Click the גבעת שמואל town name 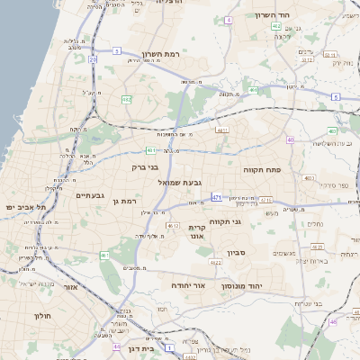tap(177, 182)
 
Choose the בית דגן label tap(140, 346)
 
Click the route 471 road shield tap(217, 196)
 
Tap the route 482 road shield tap(127, 99)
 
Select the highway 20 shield tap(93, 60)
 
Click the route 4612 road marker tap(172, 226)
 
